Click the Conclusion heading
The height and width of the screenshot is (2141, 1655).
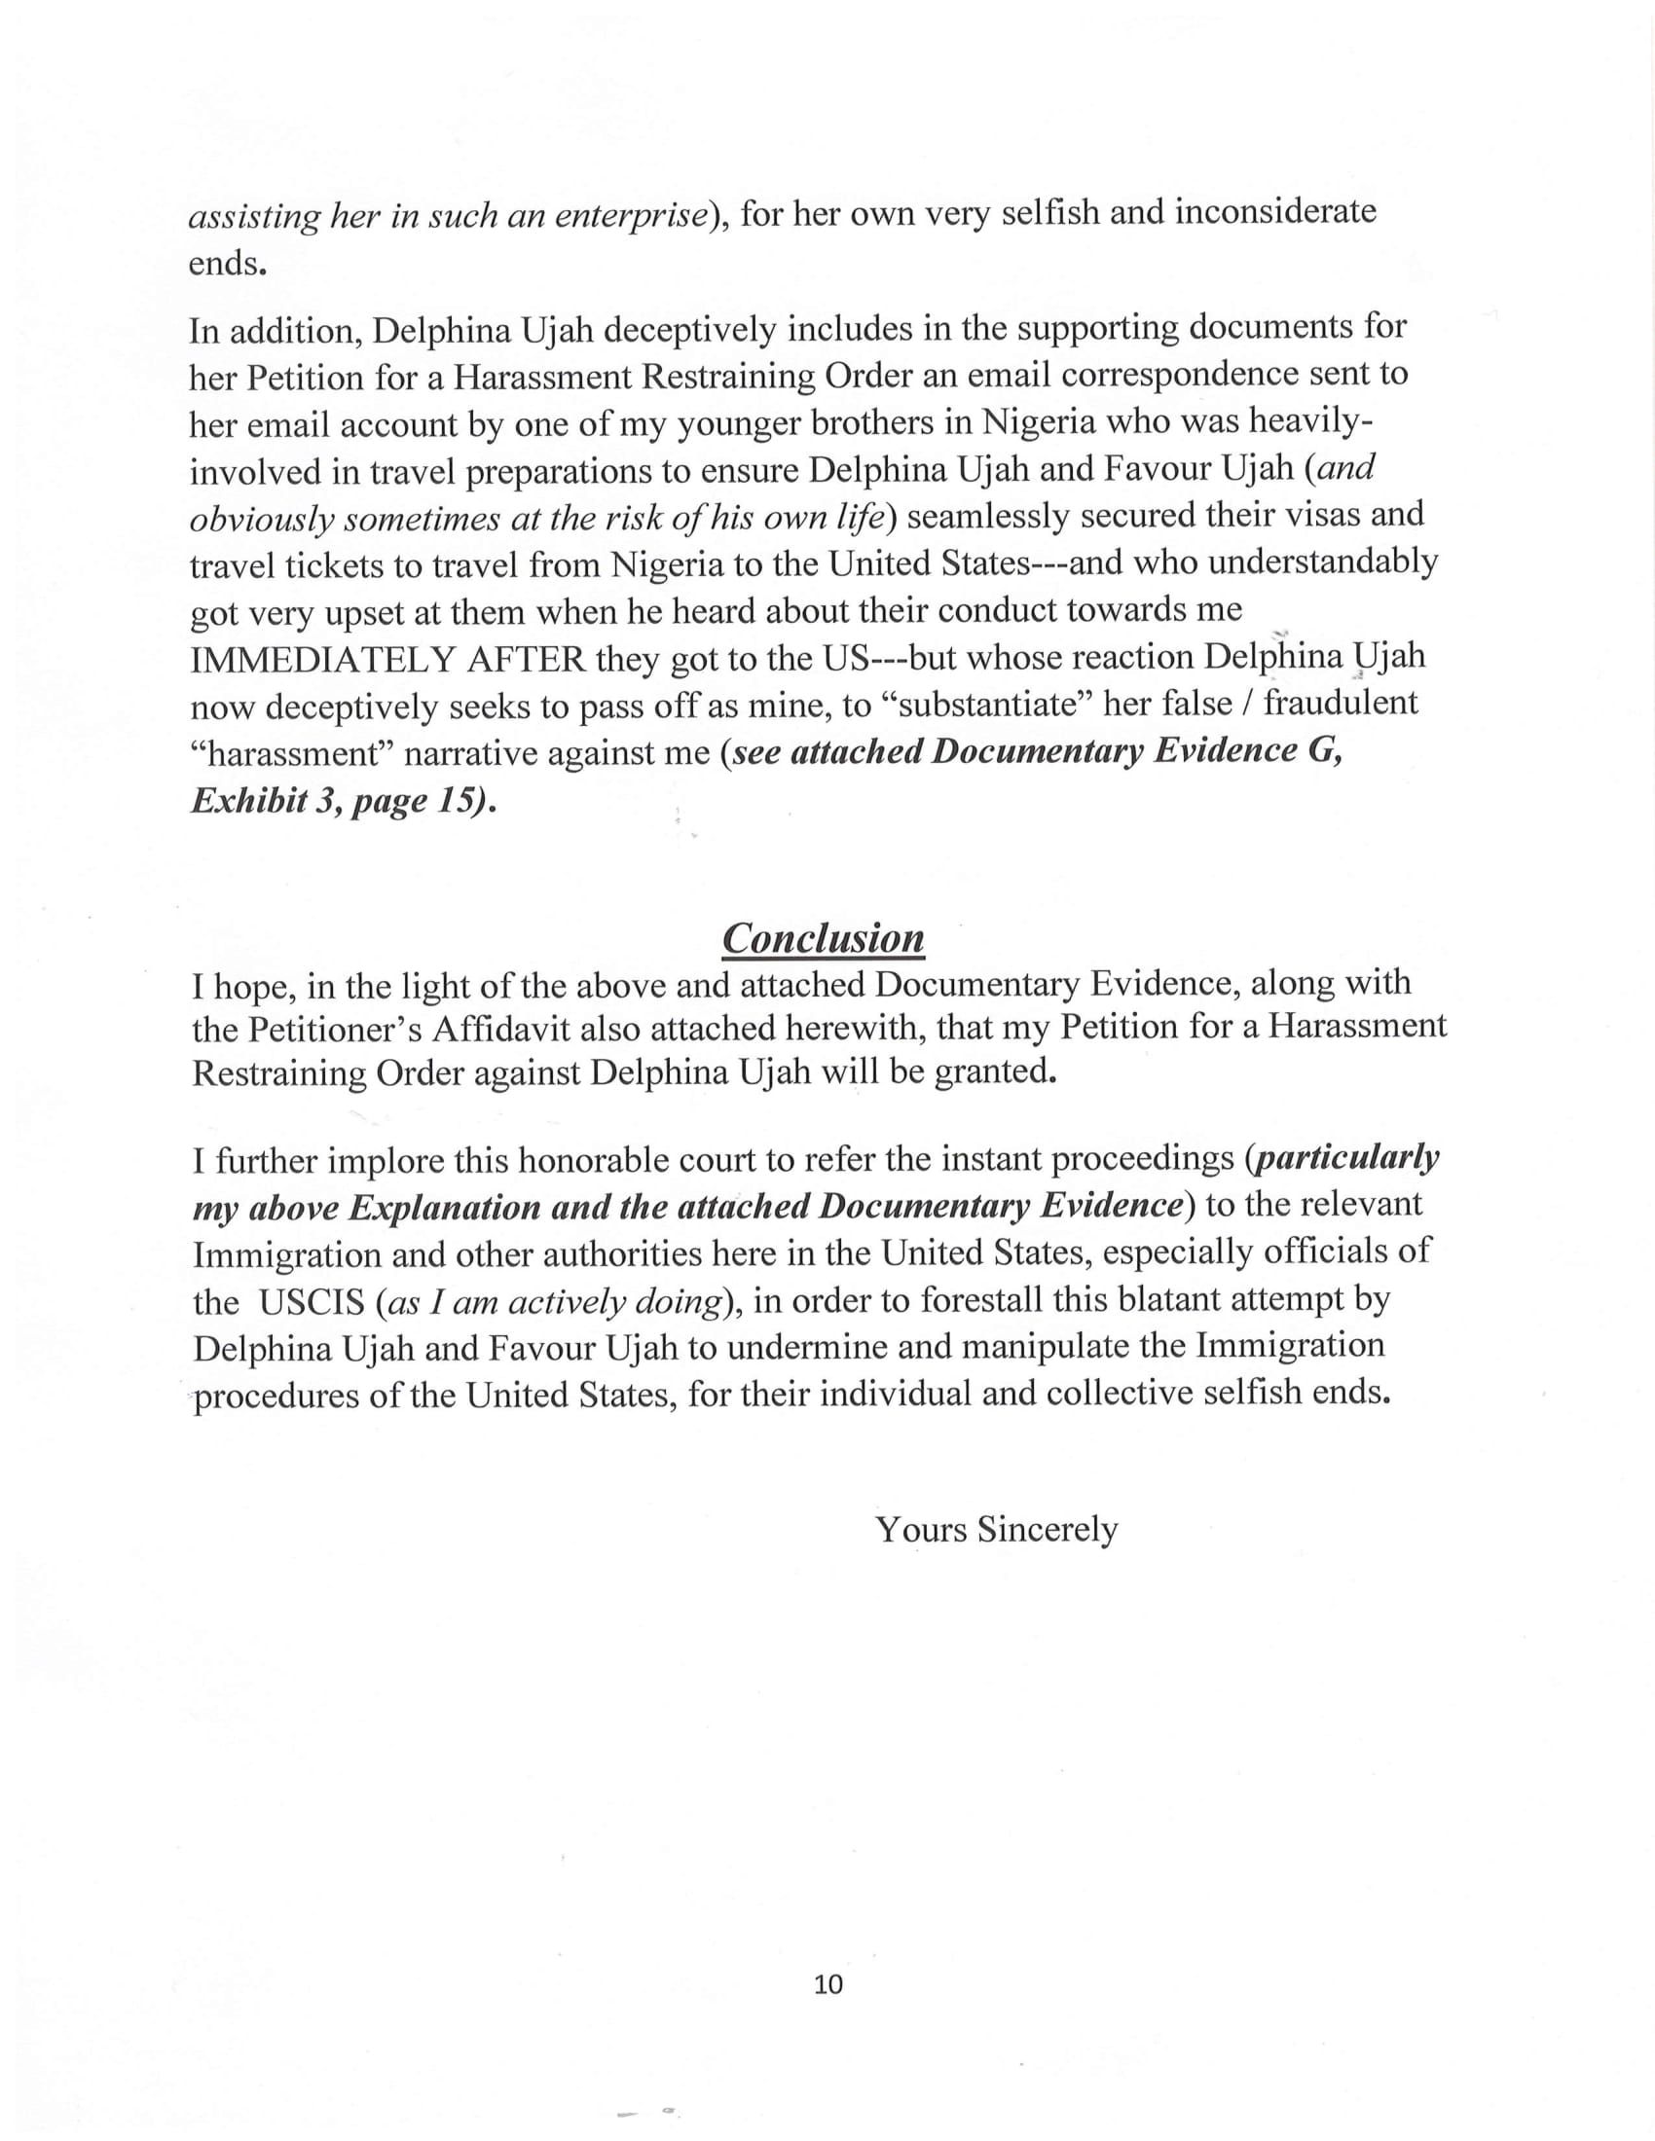click(x=823, y=938)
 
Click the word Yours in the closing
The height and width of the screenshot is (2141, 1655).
click(x=921, y=1529)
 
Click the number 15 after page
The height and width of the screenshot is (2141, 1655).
click(x=452, y=801)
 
